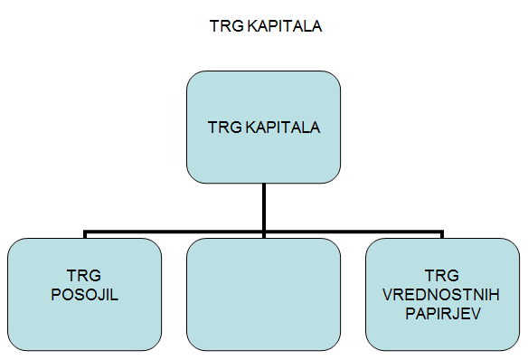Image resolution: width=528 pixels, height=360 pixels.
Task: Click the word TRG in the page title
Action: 222,27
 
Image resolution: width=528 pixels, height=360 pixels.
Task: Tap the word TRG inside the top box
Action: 222,128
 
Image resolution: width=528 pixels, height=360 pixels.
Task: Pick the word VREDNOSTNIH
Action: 443,295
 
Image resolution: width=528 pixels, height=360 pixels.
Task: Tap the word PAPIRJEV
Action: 442,313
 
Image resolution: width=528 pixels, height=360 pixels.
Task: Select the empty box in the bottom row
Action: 263,295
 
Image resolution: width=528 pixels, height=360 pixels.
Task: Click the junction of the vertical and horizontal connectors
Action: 263,232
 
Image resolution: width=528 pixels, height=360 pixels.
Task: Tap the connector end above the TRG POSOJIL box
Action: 85,234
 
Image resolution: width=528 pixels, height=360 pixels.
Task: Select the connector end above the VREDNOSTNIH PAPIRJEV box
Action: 442,234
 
